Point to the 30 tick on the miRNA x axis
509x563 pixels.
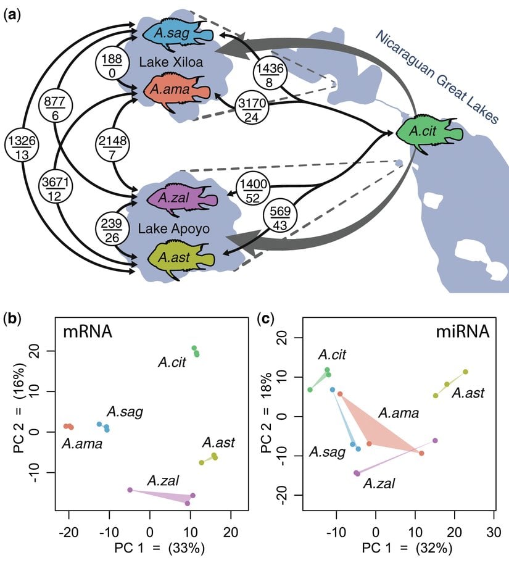point(492,532)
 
